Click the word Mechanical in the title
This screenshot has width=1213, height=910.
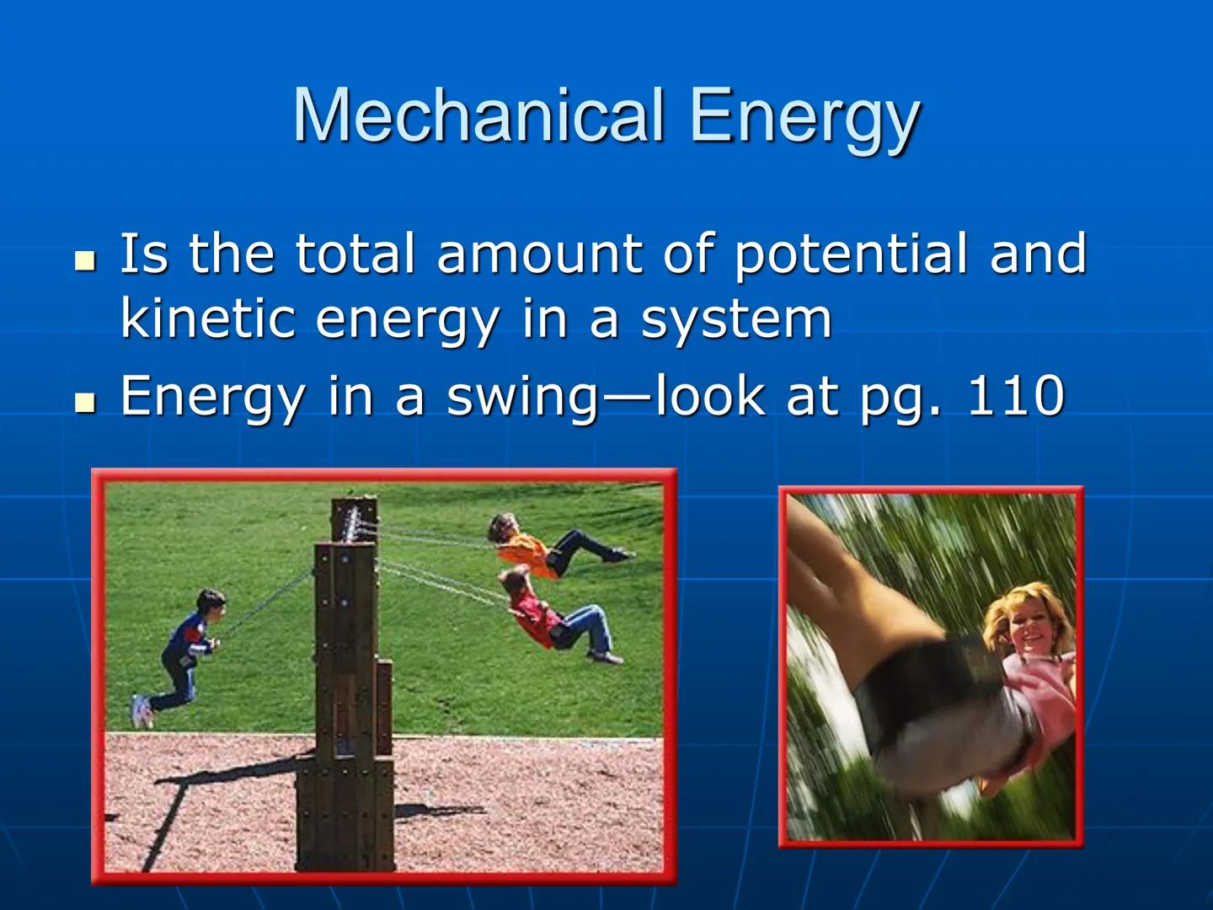[478, 115]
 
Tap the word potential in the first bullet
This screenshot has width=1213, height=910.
[851, 255]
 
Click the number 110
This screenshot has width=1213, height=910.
[1016, 395]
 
